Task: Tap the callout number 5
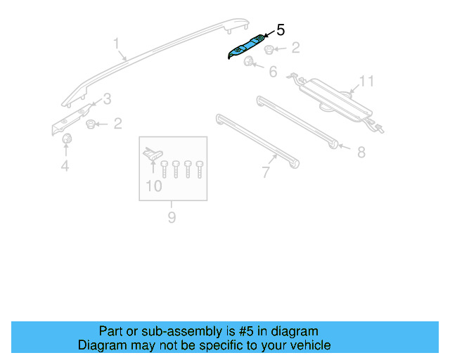(281, 30)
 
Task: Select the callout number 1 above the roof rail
(117, 45)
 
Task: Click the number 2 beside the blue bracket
(295, 48)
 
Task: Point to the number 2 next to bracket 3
(117, 124)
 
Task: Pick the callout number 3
(107, 98)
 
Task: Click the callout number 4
(65, 166)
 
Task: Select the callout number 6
(273, 71)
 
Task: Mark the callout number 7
(265, 172)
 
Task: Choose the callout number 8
(361, 152)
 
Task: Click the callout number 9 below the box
(172, 218)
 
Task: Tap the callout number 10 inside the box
(153, 186)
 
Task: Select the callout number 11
(366, 82)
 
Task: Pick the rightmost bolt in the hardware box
(200, 168)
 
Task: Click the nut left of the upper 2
(271, 49)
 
